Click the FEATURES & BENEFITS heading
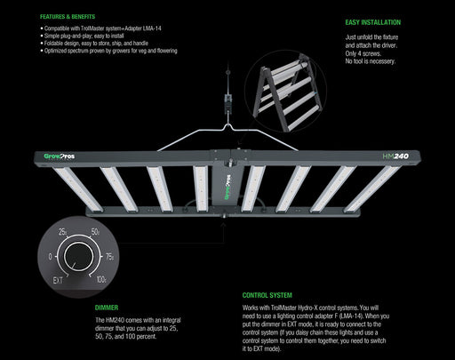point(70,16)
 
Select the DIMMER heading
point(106,308)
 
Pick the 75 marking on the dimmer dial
point(109,254)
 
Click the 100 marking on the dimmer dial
point(100,279)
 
